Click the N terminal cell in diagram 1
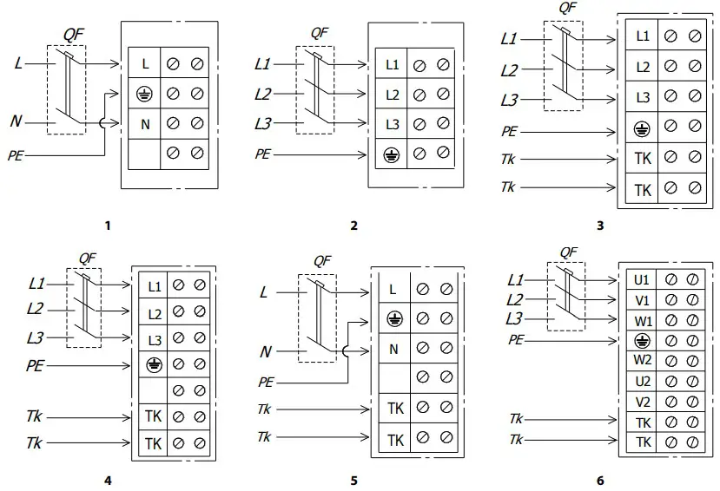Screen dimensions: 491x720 pos(144,123)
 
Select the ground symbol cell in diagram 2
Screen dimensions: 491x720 pos(392,154)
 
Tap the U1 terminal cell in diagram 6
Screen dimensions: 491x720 pos(642,280)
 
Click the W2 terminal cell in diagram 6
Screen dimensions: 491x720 pos(642,359)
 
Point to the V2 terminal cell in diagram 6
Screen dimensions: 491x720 pos(642,401)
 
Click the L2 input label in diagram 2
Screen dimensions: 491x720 pos(263,95)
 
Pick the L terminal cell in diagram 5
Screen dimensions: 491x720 pos(393,290)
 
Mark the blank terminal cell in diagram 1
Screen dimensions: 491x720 pos(144,154)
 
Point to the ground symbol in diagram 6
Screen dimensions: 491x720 pos(642,339)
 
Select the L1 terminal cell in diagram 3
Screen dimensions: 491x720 pos(642,36)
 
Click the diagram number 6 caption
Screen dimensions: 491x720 pos(599,479)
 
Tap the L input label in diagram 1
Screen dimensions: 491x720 pos(18,63)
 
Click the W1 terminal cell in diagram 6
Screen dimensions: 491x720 pos(642,319)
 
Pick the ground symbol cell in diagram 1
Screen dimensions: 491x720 pos(144,93)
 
